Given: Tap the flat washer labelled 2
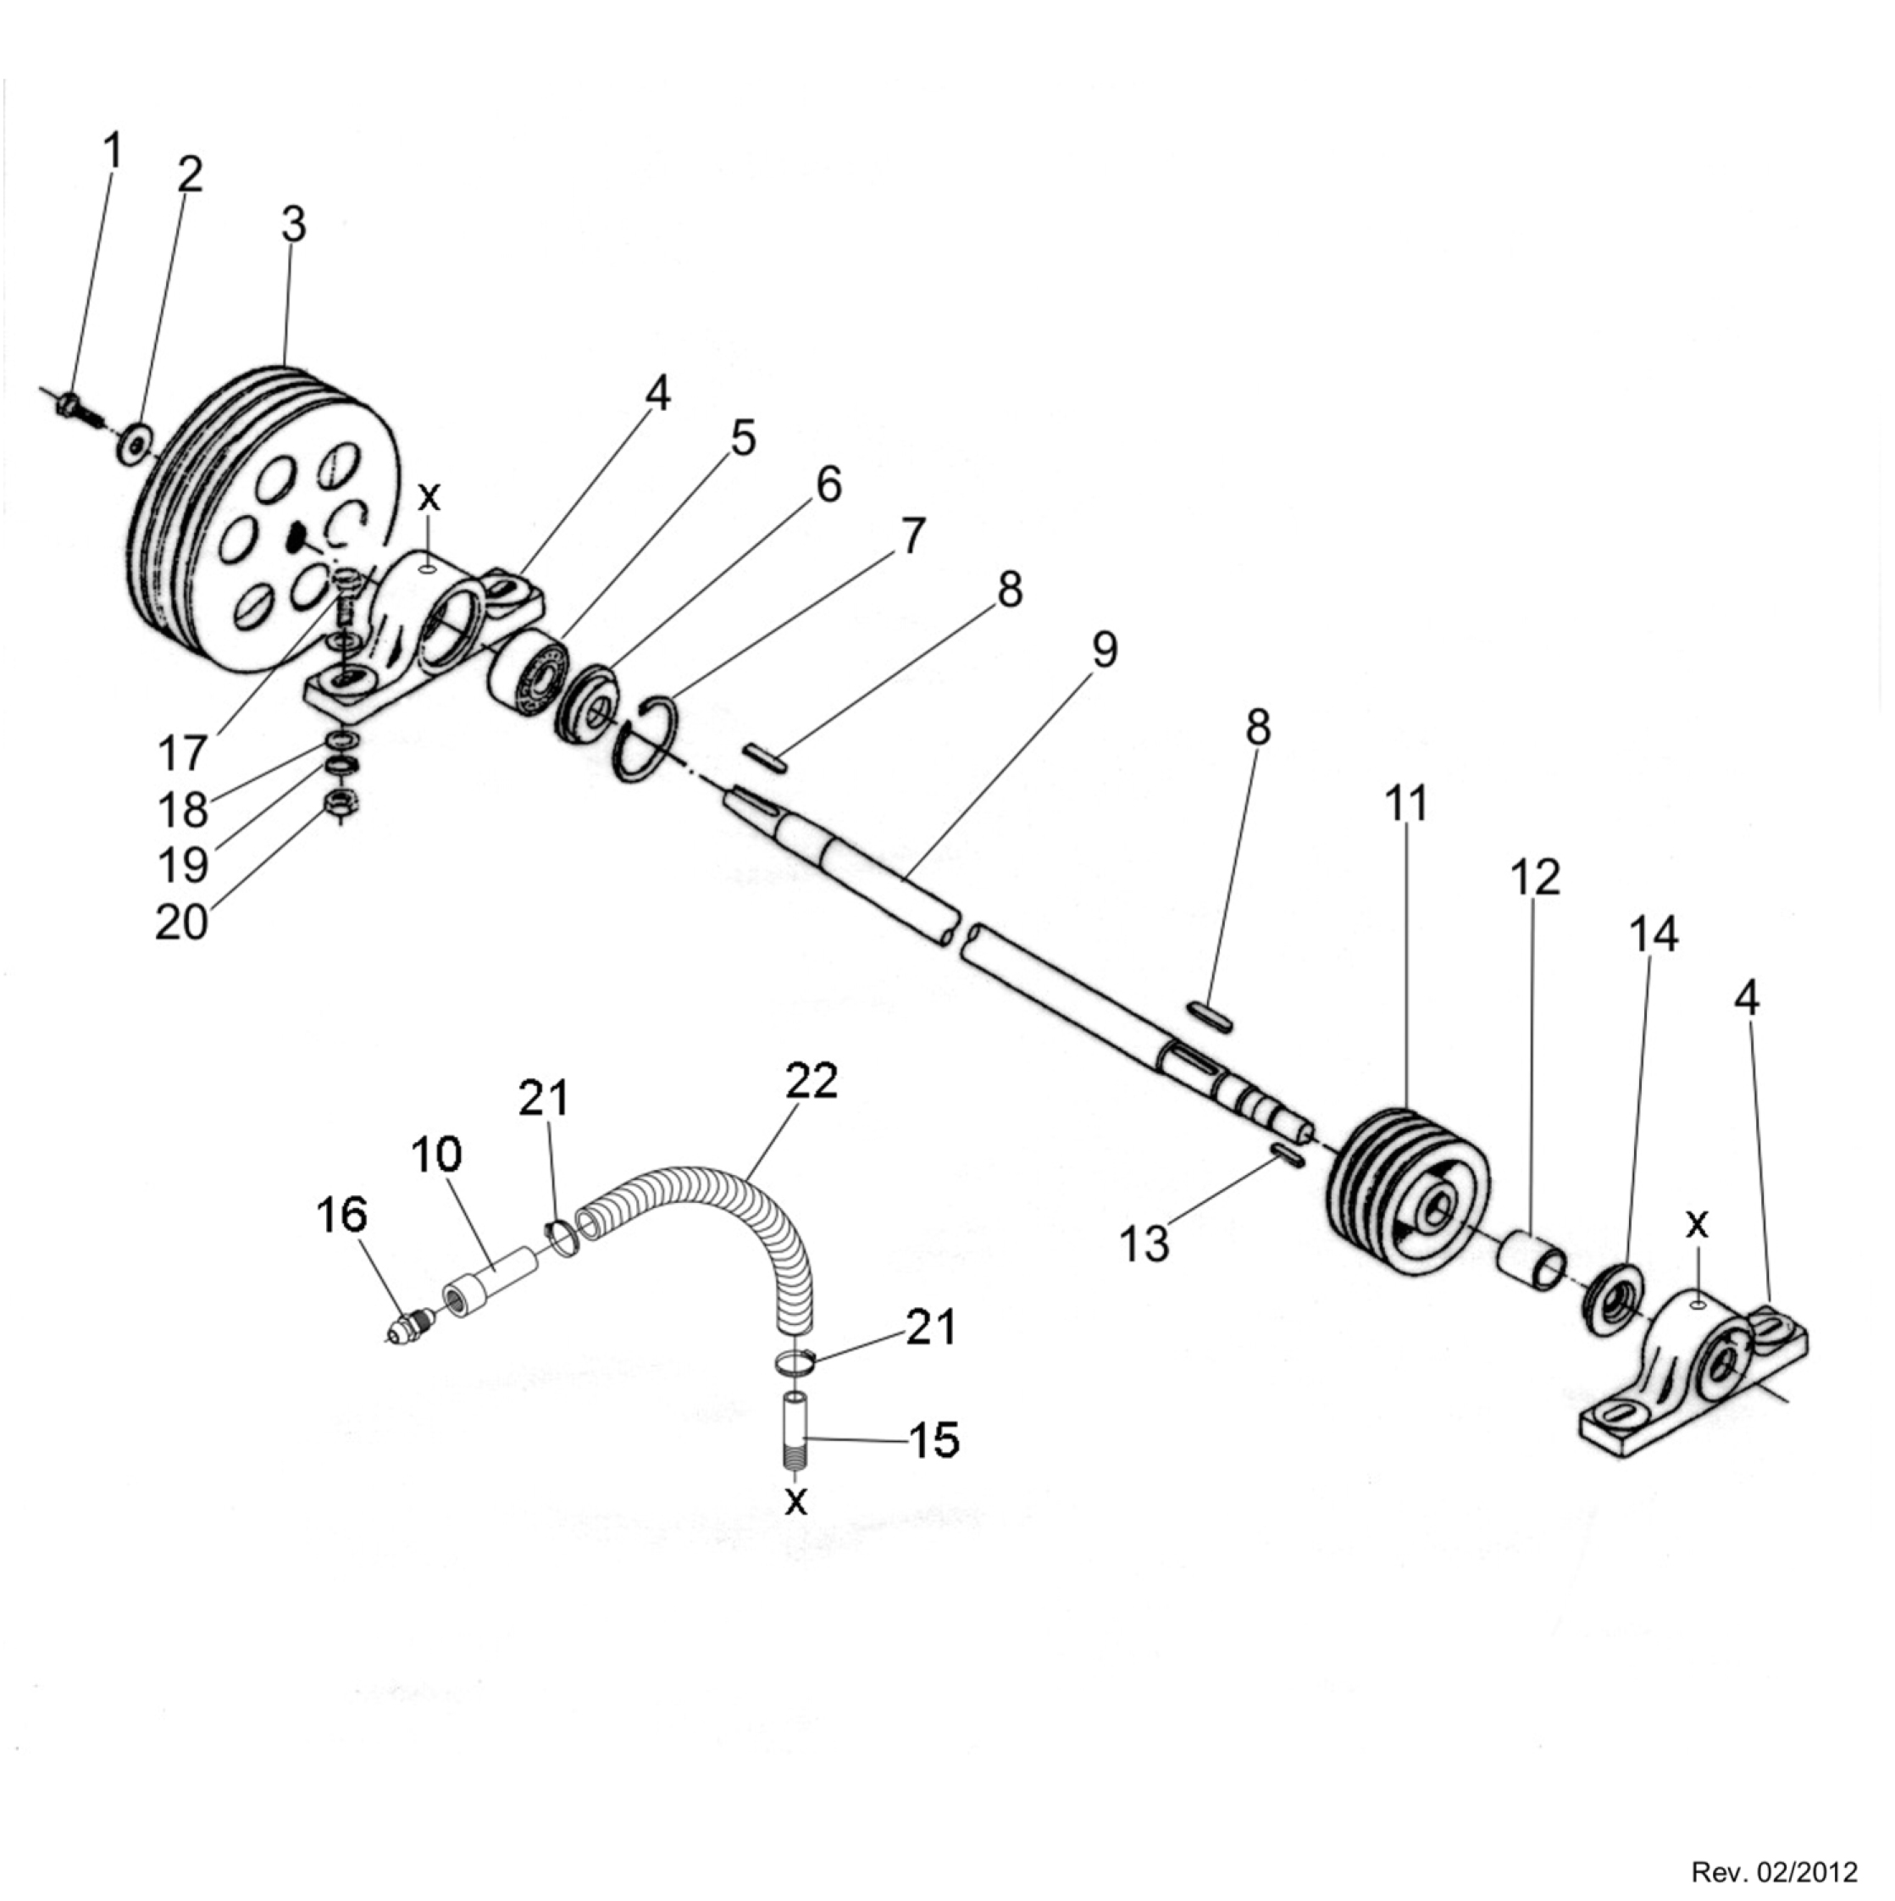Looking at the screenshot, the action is (x=134, y=443).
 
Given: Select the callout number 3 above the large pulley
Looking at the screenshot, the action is (x=294, y=225).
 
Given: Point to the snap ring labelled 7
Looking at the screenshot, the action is (x=644, y=739).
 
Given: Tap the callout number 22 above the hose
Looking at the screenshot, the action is (x=812, y=1081).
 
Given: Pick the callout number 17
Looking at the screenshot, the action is (x=182, y=755).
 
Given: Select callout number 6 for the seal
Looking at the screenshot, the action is (x=828, y=485).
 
